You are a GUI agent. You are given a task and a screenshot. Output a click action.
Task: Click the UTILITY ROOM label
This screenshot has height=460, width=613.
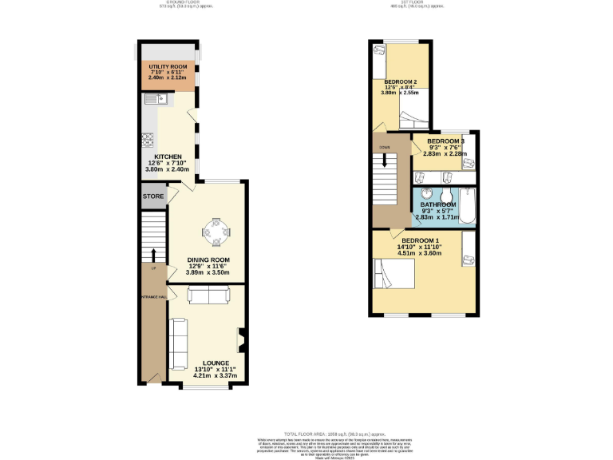pyautogui.click(x=168, y=66)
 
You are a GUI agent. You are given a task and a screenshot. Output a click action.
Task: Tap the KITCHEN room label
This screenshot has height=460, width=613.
pyautogui.click(x=168, y=157)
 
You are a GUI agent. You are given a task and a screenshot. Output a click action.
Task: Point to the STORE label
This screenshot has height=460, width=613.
pyautogui.click(x=153, y=196)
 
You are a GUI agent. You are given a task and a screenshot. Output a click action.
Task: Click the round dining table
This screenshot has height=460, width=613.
pyautogui.click(x=217, y=233)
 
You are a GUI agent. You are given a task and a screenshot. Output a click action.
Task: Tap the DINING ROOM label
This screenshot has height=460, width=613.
pyautogui.click(x=208, y=260)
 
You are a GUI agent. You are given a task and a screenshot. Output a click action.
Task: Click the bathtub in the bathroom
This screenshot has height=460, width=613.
pyautogui.click(x=469, y=205)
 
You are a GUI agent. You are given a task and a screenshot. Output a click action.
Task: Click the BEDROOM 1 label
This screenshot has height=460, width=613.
pyautogui.click(x=420, y=241)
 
